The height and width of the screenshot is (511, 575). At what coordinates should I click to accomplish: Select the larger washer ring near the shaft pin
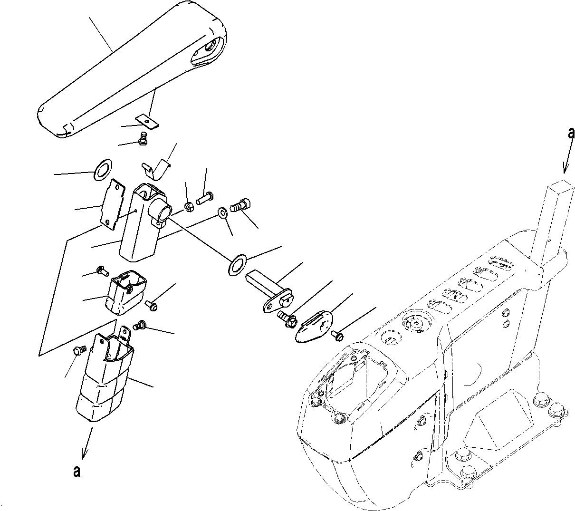click(238, 263)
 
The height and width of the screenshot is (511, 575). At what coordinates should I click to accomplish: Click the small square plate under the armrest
click(148, 122)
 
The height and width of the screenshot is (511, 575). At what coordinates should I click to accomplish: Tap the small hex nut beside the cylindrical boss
click(188, 207)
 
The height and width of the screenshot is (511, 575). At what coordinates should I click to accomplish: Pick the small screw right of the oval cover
click(338, 335)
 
